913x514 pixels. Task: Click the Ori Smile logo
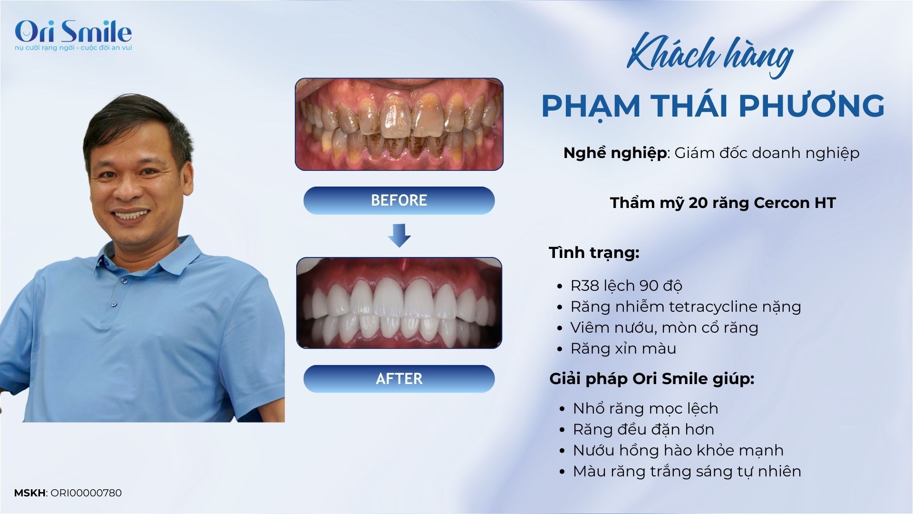pyautogui.click(x=73, y=34)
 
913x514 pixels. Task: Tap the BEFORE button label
pyautogui.click(x=399, y=200)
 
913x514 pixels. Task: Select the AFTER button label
pyautogui.click(x=399, y=379)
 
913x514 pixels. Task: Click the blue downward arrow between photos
pyautogui.click(x=399, y=235)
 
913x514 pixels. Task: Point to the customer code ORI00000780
pyautogui.click(x=86, y=493)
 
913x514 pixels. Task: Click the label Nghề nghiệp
pyautogui.click(x=615, y=153)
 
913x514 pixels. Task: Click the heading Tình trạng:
pyautogui.click(x=594, y=253)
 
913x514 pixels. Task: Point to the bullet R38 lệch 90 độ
pyautogui.click(x=626, y=286)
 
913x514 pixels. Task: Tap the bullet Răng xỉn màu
pyautogui.click(x=623, y=348)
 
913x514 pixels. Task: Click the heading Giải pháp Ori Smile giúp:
pyautogui.click(x=652, y=379)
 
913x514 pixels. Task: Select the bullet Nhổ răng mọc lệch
pyautogui.click(x=645, y=408)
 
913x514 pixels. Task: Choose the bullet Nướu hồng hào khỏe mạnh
pyautogui.click(x=678, y=450)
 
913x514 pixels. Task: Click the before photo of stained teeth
pyautogui.click(x=399, y=124)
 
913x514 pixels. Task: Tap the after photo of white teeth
pyautogui.click(x=399, y=303)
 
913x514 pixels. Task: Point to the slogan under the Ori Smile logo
pyautogui.click(x=73, y=48)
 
